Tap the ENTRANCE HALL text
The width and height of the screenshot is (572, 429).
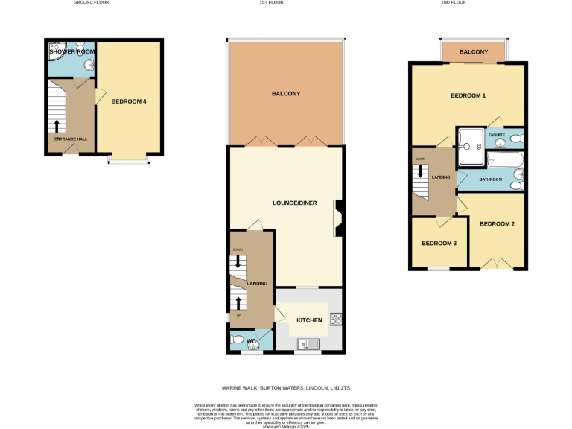point(70,139)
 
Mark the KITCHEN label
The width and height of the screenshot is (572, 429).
point(309,320)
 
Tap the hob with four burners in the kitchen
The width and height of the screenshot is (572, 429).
point(335,319)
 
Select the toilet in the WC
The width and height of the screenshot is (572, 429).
point(238,341)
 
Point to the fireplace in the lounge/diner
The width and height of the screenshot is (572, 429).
point(338,218)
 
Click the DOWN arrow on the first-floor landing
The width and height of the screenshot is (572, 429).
point(238,262)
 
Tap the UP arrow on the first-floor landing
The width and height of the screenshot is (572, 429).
point(238,302)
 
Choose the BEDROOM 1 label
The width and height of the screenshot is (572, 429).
point(468,96)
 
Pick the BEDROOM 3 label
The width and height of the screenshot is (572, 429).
point(439,244)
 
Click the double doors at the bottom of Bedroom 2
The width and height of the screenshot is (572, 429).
point(491,264)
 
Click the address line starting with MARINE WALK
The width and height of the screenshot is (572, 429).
point(286,388)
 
